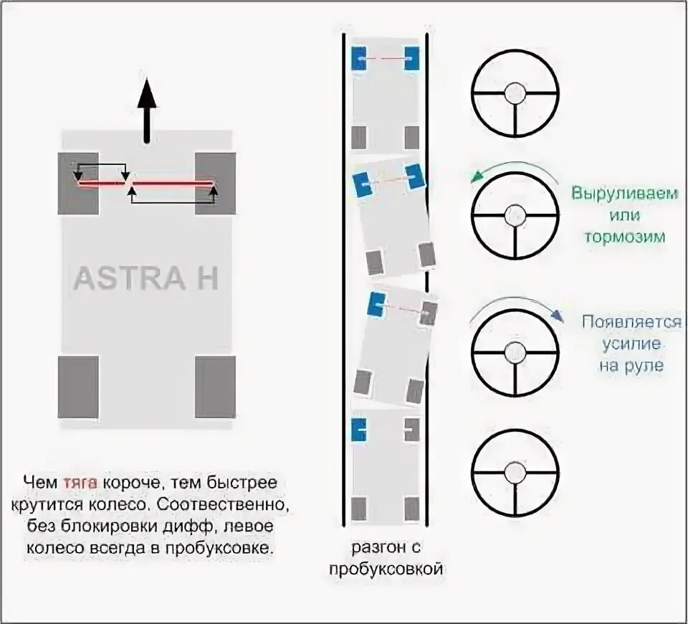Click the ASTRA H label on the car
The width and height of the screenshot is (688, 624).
[x=145, y=278]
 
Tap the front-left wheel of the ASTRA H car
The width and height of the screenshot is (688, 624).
[x=78, y=184]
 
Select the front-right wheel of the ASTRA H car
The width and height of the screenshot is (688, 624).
[x=215, y=184]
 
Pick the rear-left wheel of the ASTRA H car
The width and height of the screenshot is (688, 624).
[x=78, y=387]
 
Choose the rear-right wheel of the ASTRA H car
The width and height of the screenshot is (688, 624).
[x=215, y=387]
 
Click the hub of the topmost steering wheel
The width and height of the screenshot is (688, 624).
[x=515, y=93]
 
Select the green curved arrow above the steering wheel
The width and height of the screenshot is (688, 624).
[x=515, y=167]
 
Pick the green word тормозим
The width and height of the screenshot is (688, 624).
[x=624, y=237]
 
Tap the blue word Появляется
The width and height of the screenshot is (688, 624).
[x=631, y=322]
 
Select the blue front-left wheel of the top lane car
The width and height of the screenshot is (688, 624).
[x=358, y=58]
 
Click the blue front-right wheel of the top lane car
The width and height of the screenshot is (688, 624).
[x=411, y=58]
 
